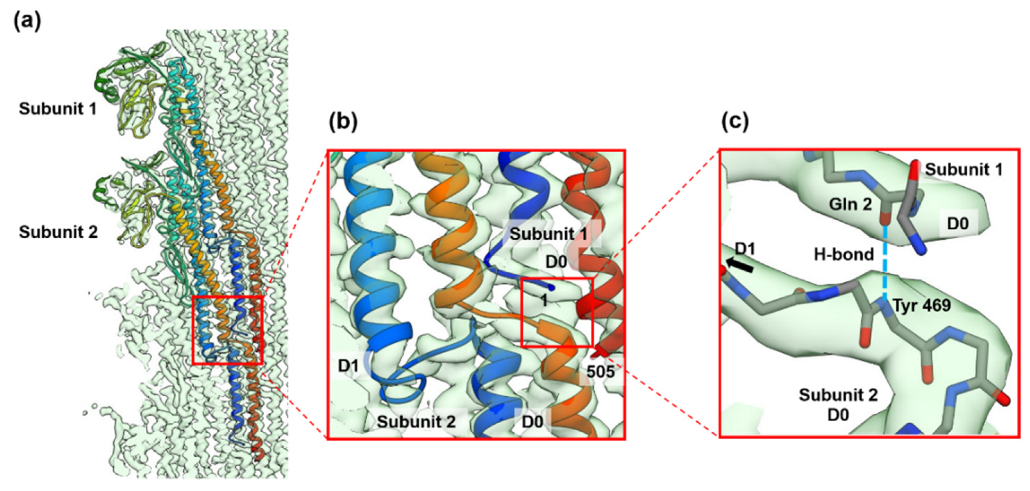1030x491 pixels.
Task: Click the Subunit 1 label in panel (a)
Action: pos(58,109)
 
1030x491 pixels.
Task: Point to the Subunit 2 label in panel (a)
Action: pos(58,232)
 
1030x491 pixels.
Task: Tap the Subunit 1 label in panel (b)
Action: pos(549,234)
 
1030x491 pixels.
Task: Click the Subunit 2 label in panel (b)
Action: pos(416,422)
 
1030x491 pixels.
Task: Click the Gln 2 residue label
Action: pos(850,204)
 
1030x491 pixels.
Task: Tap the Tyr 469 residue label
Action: pos(922,306)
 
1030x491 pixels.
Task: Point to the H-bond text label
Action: pos(844,254)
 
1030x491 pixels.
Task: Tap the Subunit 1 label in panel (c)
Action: pos(964,170)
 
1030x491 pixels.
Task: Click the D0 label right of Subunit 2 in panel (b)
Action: pos(533,422)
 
